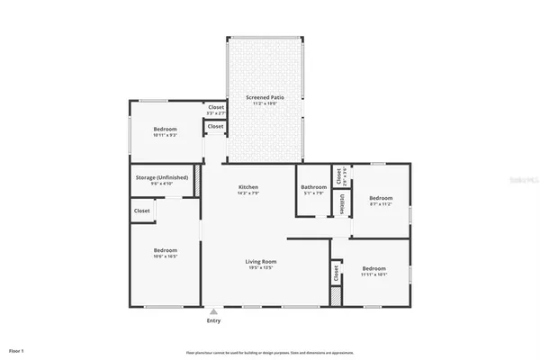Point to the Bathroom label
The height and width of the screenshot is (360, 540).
pos(313,187)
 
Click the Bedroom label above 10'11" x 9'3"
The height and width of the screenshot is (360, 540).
pos(165,129)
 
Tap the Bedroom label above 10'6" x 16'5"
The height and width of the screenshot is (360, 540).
pos(165,249)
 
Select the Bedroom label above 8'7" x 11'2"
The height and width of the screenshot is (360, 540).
pos(380,197)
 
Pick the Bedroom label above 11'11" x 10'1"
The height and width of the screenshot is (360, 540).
pos(373,268)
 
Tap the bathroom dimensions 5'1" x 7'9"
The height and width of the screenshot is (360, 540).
pos(313,193)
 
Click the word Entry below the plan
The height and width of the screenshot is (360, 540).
pos(213,320)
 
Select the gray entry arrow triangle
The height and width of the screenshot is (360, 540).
pos(213,311)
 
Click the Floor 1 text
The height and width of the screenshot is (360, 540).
pos(16,350)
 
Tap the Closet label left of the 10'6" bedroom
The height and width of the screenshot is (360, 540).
pos(141,211)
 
